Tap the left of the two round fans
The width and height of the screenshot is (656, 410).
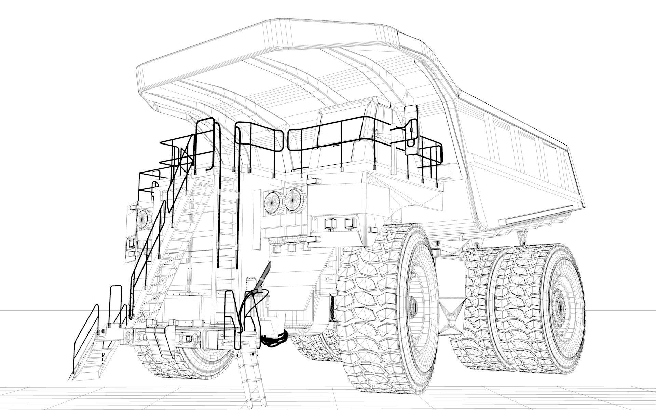click(272, 202)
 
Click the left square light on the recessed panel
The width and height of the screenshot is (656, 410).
click(330, 223)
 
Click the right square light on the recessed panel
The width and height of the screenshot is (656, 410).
click(349, 222)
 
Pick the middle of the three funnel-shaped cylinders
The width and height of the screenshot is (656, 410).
click(291, 244)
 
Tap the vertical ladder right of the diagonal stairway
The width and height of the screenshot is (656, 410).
click(227, 222)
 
